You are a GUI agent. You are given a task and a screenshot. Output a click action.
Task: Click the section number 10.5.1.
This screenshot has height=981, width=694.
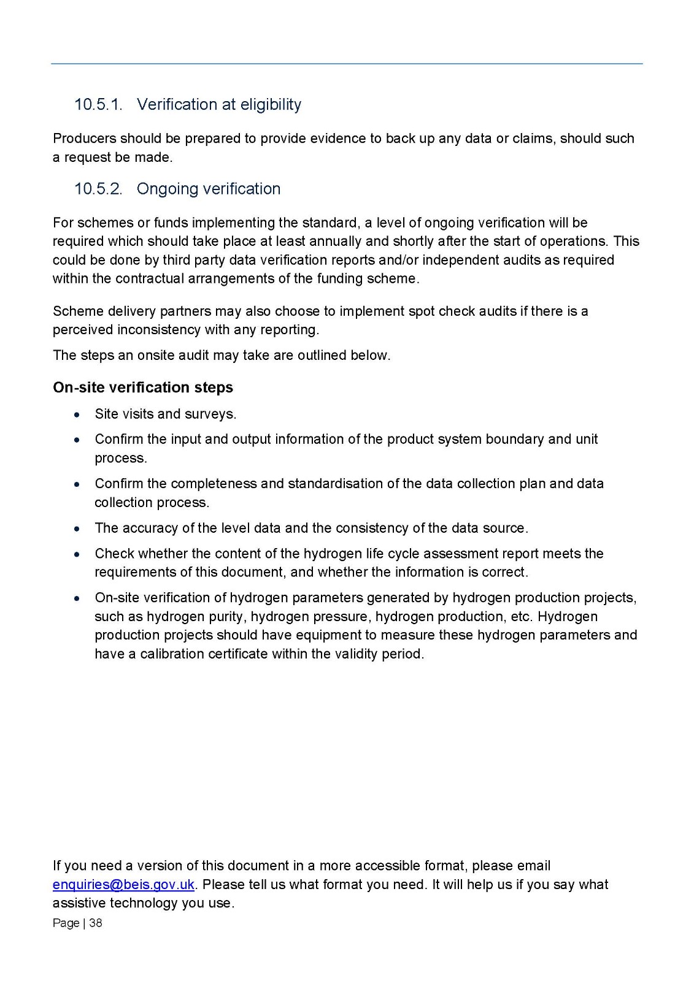(98, 105)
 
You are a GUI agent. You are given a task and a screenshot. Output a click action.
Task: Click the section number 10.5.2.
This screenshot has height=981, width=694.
(98, 189)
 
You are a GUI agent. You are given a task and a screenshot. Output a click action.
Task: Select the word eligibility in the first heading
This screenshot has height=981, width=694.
(271, 105)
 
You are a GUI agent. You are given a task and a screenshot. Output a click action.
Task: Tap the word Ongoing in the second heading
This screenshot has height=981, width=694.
(164, 189)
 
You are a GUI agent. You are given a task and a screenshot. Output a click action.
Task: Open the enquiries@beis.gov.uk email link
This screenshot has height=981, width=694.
(123, 885)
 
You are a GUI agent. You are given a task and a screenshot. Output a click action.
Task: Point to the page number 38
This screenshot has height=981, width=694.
(96, 923)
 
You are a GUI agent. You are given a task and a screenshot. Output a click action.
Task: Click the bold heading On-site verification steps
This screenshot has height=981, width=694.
(143, 387)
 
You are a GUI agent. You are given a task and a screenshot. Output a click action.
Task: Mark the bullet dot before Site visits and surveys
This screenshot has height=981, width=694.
(76, 414)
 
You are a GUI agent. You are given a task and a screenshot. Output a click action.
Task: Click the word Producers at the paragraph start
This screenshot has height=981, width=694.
(83, 139)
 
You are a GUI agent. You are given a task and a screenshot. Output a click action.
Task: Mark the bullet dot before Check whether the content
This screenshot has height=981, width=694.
(76, 554)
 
